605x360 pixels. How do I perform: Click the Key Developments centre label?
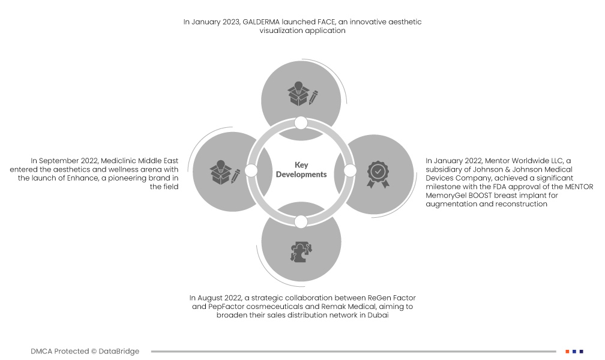[301, 170]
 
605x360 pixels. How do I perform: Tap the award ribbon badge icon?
[378, 175]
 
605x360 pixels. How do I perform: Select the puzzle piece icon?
[301, 252]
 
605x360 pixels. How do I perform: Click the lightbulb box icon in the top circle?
[302, 94]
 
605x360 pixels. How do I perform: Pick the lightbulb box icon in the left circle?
[224, 172]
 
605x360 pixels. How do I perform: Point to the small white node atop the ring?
[301, 123]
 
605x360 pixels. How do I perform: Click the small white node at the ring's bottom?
[301, 222]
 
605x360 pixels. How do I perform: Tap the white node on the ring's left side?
[251, 170]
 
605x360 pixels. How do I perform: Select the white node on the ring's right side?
[350, 170]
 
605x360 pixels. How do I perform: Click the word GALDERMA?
[261, 22]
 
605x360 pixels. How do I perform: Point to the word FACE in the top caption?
[326, 22]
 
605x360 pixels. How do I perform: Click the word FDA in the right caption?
[499, 187]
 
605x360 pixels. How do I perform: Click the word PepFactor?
[226, 307]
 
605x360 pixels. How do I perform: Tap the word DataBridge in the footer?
[119, 352]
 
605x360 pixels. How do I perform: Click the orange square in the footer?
[567, 352]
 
